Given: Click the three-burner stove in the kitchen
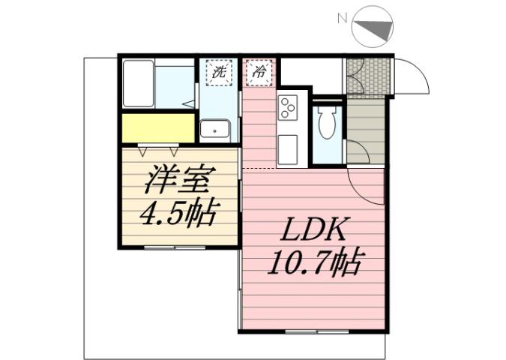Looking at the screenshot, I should pos(287,110).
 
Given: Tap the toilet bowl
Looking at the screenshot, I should pos(326,124).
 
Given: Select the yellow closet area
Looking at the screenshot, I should pos(157,128).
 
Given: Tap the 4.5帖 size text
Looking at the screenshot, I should pos(179,214).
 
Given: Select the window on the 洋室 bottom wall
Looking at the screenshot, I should pos(174,247).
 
